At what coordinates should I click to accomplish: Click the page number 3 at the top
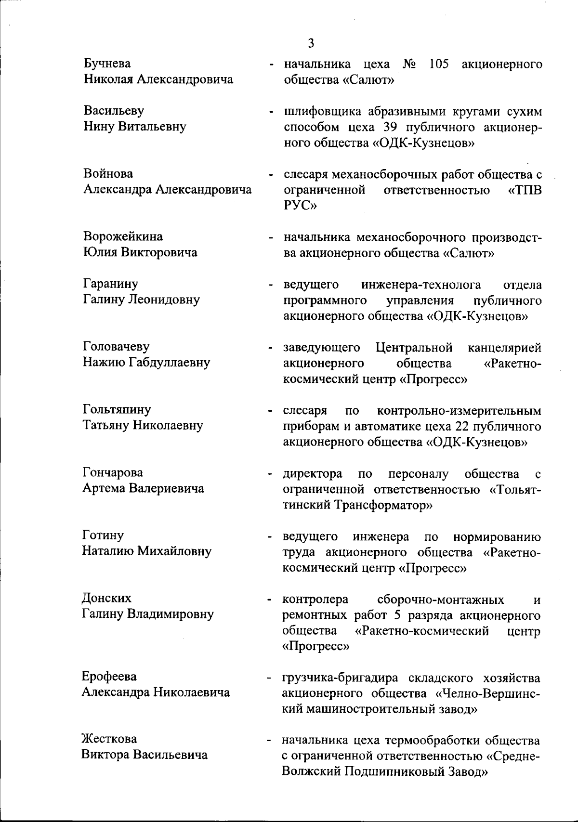311,43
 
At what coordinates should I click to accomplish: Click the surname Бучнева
107,64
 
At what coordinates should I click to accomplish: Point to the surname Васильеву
114,111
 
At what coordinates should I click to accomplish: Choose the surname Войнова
108,173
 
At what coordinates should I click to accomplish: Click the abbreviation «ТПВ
525,190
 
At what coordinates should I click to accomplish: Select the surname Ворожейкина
123,236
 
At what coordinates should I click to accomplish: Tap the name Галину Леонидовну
142,300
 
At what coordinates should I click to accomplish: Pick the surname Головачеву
116,347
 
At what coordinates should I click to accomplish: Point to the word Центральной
414,347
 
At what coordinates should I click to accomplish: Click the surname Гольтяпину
117,409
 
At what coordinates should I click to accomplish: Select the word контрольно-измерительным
459,411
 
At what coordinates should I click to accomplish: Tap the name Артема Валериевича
143,488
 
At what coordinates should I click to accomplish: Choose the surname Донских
106,598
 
